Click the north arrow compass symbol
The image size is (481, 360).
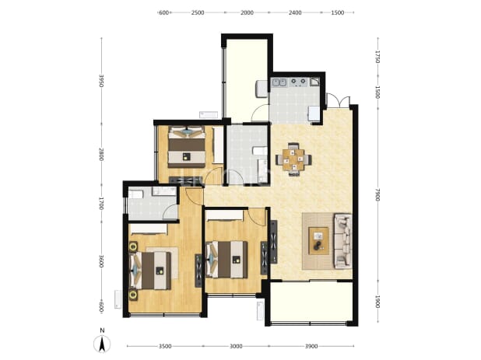point(102,344)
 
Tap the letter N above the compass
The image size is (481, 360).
point(102,330)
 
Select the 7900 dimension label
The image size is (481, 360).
point(377,195)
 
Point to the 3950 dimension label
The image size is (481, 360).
point(101,81)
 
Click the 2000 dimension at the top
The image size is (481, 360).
point(247,12)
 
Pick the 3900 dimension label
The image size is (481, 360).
point(311,346)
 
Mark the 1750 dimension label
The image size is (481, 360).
point(377,57)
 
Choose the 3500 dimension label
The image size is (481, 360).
point(165,346)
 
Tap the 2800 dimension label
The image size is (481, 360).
point(101,154)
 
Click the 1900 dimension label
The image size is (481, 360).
point(377,302)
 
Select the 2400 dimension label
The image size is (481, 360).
point(295,12)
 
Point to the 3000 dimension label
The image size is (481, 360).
point(236,346)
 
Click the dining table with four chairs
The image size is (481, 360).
point(293,159)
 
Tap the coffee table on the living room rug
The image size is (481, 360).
point(318,240)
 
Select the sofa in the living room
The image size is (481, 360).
point(343,241)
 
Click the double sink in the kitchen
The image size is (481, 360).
point(279,82)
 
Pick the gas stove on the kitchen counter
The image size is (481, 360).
point(298,82)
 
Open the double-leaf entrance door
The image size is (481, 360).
point(338,102)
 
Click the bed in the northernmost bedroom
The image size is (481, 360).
point(187,146)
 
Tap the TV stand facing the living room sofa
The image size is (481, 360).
point(274,242)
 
